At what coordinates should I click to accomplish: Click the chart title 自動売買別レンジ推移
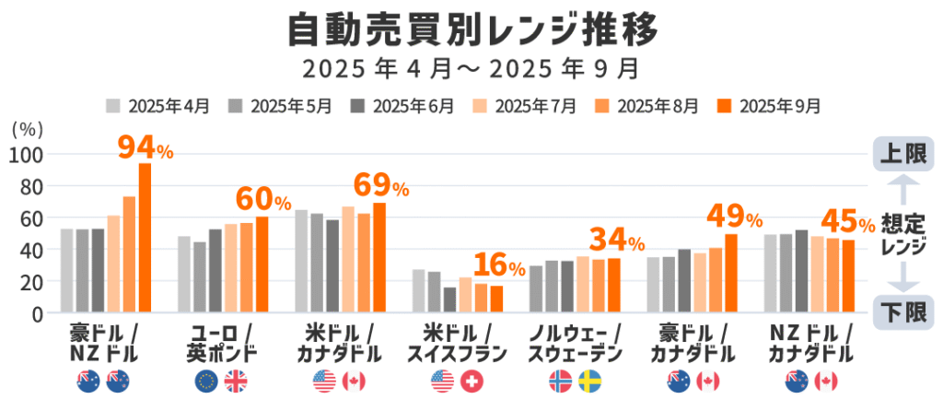point(471,29)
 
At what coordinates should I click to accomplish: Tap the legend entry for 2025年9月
point(768,105)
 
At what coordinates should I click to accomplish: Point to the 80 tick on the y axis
point(31,186)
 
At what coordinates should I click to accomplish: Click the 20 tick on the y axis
point(31,281)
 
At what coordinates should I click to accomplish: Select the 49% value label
point(733,217)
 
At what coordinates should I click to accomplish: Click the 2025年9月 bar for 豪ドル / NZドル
point(145,238)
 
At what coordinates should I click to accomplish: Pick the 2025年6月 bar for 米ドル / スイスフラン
point(449,299)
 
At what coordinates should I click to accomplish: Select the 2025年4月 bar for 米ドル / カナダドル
point(301,261)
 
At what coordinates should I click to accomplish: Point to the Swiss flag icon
point(471,381)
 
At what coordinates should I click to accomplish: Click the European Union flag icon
point(207,381)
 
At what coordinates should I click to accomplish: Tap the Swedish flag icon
point(589,381)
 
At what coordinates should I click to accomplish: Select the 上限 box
point(903,153)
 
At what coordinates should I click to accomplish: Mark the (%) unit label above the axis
point(29,130)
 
